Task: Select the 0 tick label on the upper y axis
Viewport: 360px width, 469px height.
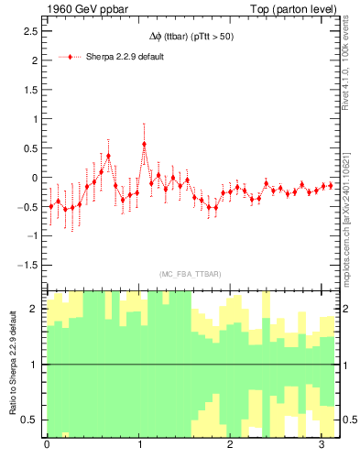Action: click(x=34, y=178)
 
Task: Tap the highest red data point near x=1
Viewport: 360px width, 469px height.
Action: click(x=144, y=144)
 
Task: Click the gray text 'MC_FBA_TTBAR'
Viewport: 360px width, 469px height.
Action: click(x=190, y=274)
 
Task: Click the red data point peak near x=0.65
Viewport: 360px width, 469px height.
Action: click(x=108, y=156)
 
